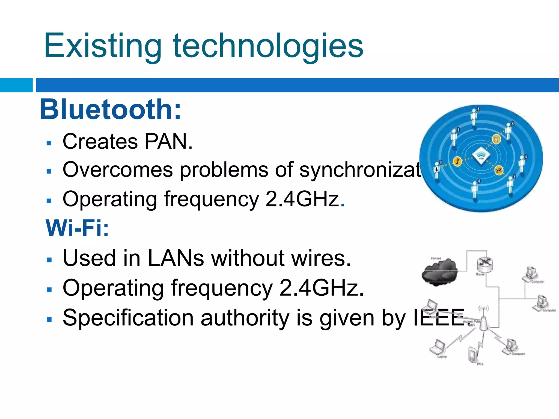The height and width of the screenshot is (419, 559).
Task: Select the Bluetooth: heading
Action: [111, 109]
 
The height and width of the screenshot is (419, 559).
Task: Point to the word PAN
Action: [168, 142]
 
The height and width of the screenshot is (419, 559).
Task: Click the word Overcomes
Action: [118, 170]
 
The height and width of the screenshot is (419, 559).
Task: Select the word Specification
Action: [128, 318]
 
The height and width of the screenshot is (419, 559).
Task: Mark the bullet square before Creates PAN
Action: [49, 143]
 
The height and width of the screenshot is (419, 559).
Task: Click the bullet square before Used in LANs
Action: [49, 260]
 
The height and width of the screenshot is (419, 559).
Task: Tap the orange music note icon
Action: [457, 161]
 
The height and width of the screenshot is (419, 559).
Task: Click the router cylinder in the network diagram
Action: [485, 264]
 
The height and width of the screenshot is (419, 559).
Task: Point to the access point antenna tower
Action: [483, 322]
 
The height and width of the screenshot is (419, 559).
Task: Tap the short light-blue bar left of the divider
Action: [16, 85]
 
